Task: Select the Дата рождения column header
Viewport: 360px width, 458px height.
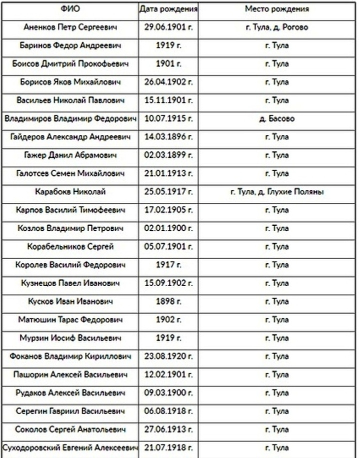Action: (168, 9)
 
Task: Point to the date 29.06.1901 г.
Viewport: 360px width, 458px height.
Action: (168, 27)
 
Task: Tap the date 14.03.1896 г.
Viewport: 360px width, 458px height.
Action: (168, 137)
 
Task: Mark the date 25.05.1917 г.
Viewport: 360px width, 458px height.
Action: (168, 192)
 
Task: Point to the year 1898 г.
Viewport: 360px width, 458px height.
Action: (168, 301)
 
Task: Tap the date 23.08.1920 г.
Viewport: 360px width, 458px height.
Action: (168, 356)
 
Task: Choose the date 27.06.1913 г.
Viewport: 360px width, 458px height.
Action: (168, 429)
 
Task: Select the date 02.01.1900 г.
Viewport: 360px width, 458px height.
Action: (168, 228)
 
